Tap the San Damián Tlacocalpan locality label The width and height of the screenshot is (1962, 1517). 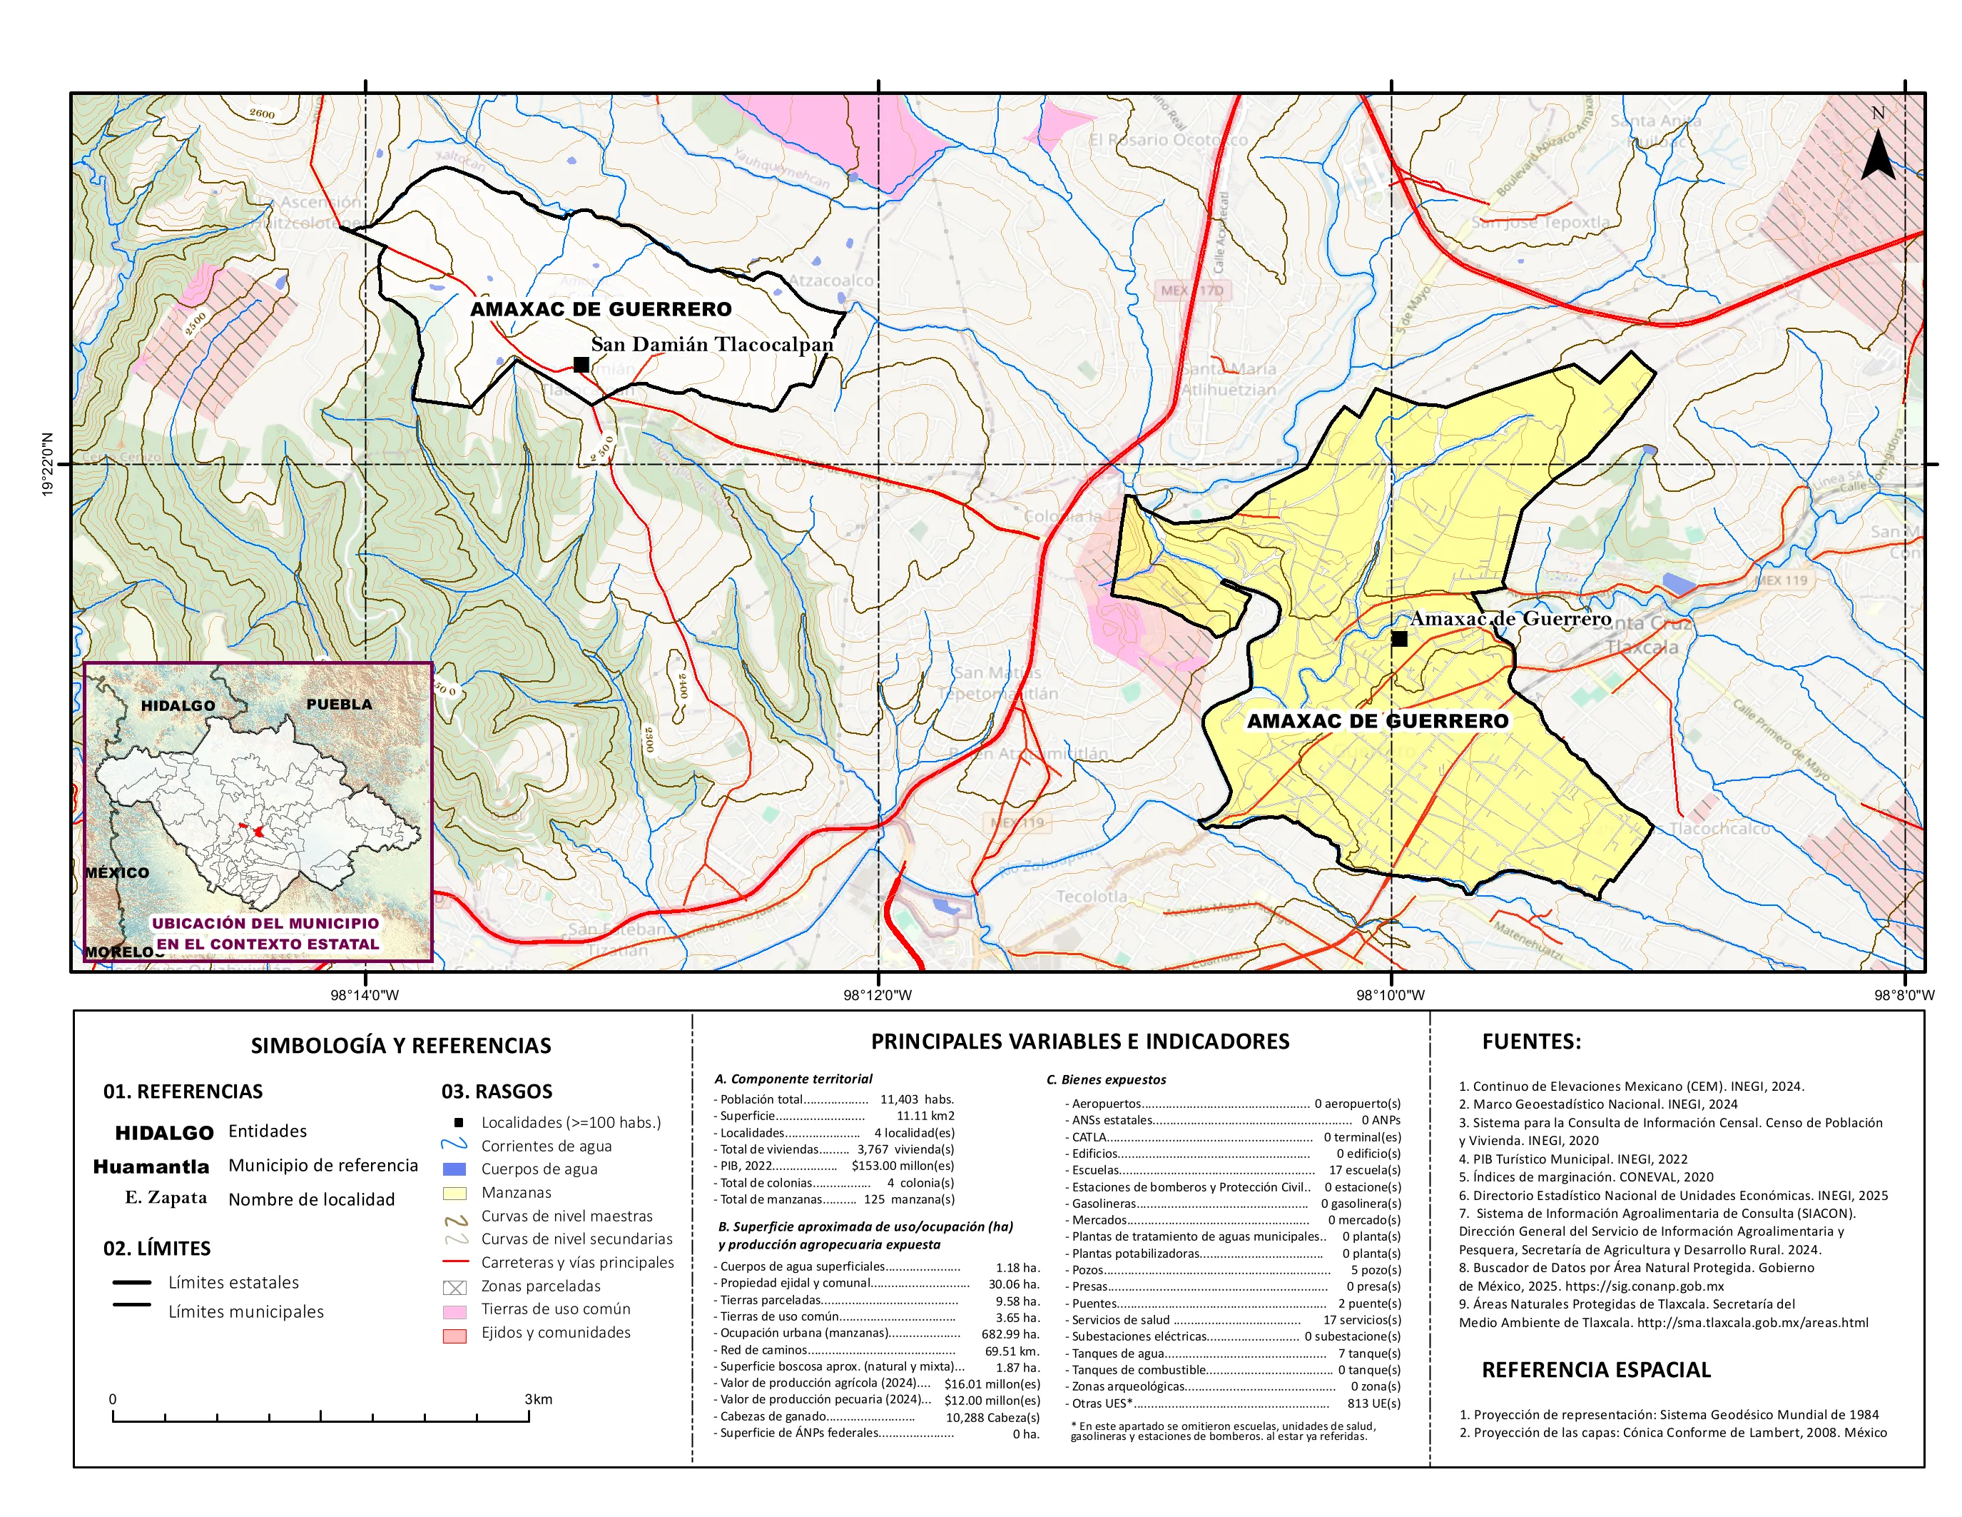711,344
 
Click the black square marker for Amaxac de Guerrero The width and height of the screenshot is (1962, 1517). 1399,639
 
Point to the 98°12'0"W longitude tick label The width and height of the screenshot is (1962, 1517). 878,995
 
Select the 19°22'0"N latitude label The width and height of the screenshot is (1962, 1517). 48,464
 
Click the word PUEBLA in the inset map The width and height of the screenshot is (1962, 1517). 339,704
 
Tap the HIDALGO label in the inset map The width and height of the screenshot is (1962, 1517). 178,705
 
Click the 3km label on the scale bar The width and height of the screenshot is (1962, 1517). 538,1399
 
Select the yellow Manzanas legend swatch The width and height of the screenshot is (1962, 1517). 454,1194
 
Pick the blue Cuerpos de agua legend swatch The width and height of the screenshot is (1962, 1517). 454,1169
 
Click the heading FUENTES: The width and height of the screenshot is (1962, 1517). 1531,1042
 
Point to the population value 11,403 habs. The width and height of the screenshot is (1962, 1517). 916,1099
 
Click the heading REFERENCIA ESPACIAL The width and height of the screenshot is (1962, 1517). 1595,1370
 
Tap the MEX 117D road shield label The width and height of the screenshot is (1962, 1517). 1191,291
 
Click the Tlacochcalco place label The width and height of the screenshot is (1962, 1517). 1719,829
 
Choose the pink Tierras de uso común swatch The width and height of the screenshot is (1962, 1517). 454,1311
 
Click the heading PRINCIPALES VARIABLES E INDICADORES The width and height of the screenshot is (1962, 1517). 1080,1042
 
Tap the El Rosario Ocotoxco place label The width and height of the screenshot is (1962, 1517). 1167,140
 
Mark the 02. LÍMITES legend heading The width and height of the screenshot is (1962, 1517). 157,1249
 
